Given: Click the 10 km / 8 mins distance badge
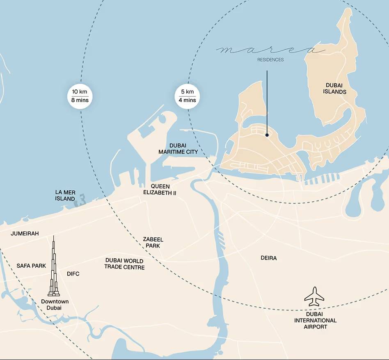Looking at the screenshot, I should (80, 96).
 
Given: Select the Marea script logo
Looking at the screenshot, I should (270, 50).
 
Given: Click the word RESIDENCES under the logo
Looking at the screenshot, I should (270, 60).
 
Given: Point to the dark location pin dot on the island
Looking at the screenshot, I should (267, 135).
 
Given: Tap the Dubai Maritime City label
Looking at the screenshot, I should (178, 149).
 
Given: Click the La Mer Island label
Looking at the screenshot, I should (65, 195).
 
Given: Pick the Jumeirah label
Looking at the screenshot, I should (25, 234).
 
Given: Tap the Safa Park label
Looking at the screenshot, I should (31, 266).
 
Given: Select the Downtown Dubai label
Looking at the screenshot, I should (55, 305).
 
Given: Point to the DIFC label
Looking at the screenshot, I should (73, 274).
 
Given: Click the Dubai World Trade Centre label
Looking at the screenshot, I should (124, 264).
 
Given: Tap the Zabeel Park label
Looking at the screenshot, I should (153, 242).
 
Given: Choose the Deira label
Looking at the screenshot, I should (269, 258).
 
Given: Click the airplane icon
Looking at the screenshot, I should (314, 296).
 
